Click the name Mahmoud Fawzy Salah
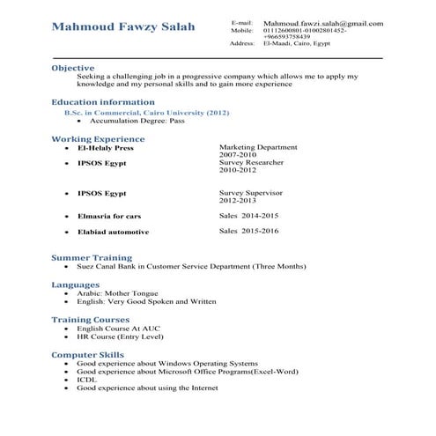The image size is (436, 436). pos(123,27)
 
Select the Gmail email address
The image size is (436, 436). pos(322,22)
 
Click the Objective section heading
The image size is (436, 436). pos(72,68)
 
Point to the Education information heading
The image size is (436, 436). pos(103,102)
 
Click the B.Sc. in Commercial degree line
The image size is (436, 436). pos(140,114)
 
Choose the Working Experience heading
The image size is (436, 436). pos(98,139)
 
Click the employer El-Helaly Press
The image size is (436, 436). pos(105,149)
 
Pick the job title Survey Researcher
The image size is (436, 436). pos(251,162)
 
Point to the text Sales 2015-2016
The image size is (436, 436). pos(248,231)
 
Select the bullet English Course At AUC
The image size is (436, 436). pos(119,328)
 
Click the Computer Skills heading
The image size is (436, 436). pos(87,354)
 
